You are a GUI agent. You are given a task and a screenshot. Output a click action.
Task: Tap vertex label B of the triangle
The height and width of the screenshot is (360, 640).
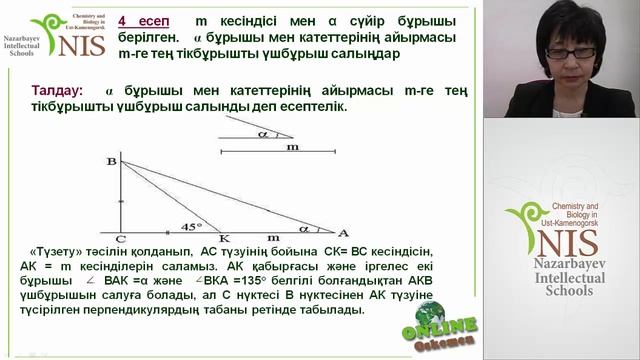pos(111,162)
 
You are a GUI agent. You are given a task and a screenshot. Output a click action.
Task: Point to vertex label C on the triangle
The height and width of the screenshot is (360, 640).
pos(119,239)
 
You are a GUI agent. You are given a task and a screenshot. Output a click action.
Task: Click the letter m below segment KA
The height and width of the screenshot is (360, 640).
pos(273,238)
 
